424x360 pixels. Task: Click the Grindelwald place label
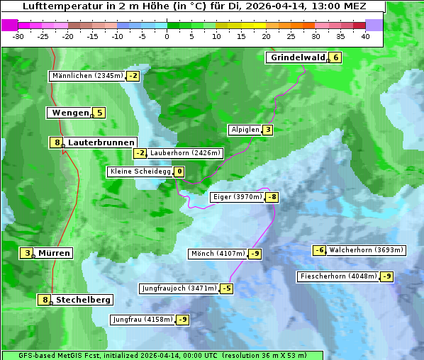pos(297,57)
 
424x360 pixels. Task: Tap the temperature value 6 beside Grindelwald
pos(335,57)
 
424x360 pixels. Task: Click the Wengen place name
pos(70,113)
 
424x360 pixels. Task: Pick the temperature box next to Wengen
pos(99,113)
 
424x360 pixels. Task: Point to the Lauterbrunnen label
pos(101,142)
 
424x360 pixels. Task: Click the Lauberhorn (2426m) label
pos(186,153)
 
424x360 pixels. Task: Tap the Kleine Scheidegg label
pos(140,171)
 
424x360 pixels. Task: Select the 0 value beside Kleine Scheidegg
pos(179,171)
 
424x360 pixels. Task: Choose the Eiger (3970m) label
pos(238,197)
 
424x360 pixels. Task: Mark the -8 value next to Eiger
pos(272,197)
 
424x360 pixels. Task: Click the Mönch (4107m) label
pos(218,254)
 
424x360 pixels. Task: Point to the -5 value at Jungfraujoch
pos(226,288)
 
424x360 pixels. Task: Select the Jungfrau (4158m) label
pos(143,320)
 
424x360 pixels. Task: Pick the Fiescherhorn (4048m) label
pos(338,276)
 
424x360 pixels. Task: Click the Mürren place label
pos(54,253)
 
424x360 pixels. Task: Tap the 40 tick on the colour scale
pos(365,36)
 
